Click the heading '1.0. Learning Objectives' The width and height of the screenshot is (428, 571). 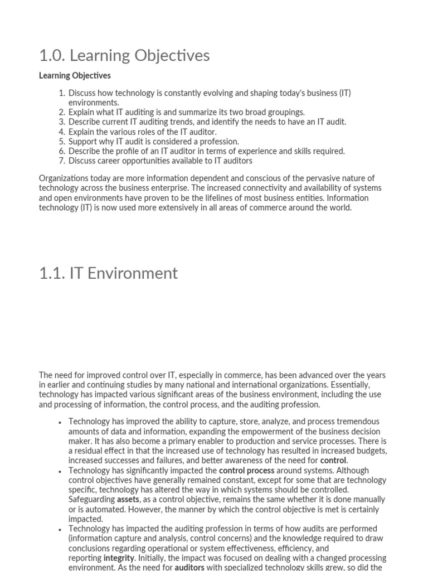124,56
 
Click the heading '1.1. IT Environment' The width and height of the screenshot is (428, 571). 108,273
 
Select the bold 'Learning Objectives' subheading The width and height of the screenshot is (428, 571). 75,75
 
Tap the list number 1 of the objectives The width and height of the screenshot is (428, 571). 62,93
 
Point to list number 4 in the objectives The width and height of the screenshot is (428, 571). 62,132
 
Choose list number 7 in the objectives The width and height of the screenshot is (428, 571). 62,161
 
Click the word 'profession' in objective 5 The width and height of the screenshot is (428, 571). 220,142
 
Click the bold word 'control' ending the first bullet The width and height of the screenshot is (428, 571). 333,461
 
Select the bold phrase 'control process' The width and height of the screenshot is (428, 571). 246,471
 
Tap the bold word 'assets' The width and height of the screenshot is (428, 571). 128,500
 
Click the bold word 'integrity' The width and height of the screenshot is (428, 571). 119,558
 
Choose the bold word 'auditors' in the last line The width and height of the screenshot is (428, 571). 189,568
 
